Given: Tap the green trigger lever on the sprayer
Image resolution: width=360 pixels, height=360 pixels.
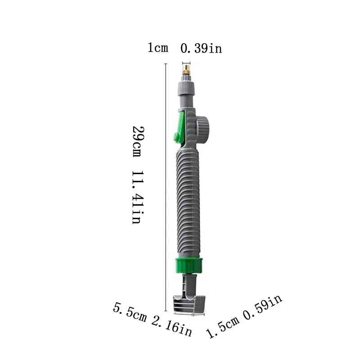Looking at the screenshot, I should pyautogui.click(x=180, y=128).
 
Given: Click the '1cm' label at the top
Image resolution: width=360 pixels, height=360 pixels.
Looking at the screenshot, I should pyautogui.click(x=158, y=48).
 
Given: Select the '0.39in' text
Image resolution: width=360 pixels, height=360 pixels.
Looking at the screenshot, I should pyautogui.click(x=201, y=48).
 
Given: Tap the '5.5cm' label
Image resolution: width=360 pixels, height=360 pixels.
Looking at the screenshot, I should pyautogui.click(x=130, y=313).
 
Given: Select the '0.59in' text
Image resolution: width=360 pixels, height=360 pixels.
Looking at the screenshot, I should pyautogui.click(x=263, y=309).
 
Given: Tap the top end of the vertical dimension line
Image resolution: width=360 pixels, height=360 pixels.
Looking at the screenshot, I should pyautogui.click(x=166, y=64).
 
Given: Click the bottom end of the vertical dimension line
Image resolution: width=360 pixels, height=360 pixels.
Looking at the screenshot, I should pyautogui.click(x=166, y=310).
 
